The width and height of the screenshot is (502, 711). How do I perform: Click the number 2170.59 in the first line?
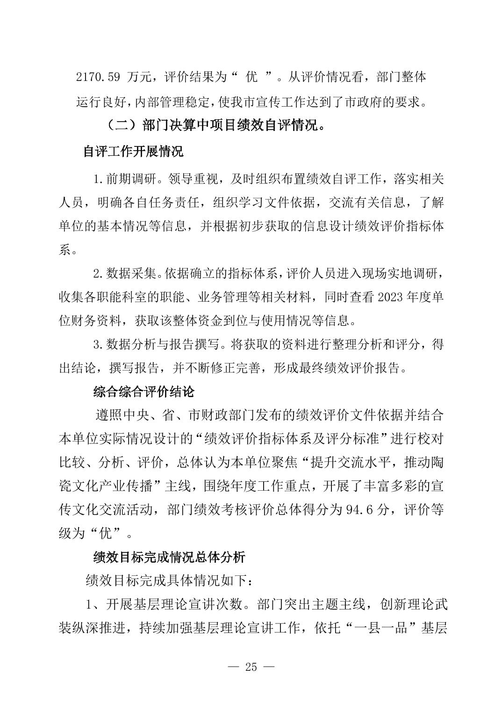coord(98,77)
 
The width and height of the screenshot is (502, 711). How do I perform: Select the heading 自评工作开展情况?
coord(133,152)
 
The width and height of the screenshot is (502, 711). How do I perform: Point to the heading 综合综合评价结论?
coord(143,392)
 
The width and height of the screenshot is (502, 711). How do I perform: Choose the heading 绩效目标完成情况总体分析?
coord(169,557)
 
